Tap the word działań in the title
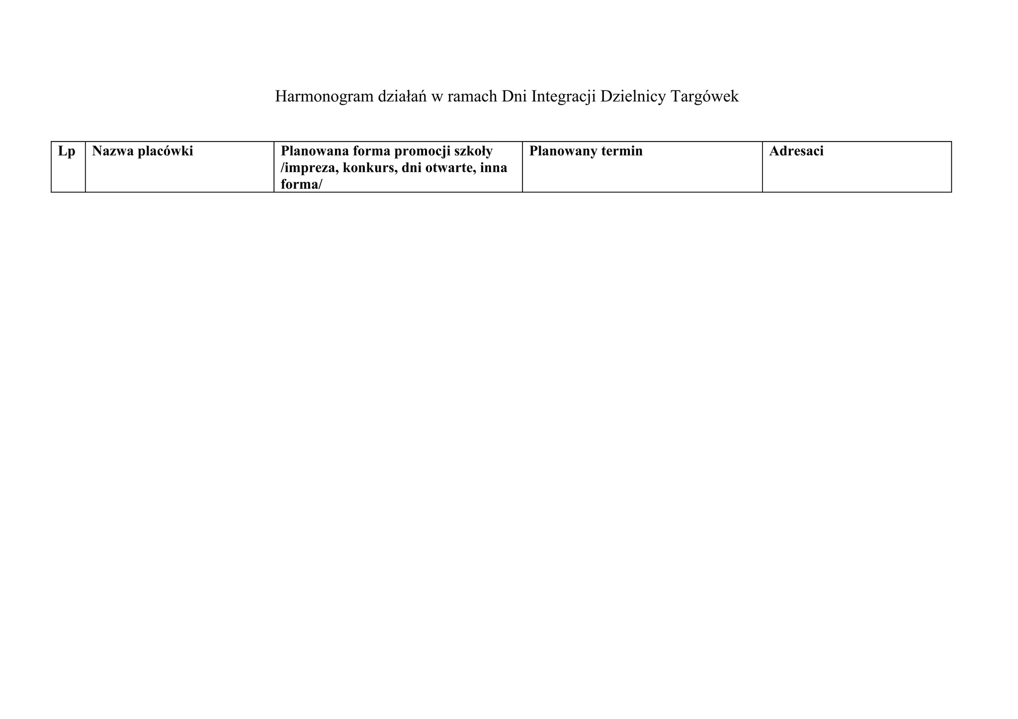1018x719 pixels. tap(402, 97)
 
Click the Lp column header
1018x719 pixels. tap(67, 151)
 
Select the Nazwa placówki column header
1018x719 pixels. tap(142, 151)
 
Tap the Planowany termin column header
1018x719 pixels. tap(586, 151)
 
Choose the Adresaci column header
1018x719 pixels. tap(796, 151)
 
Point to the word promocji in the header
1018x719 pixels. tap(419, 151)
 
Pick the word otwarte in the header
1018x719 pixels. tap(448, 168)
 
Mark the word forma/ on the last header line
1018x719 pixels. tap(301, 185)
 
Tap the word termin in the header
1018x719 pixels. tap(621, 151)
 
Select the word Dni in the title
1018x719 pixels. tap(514, 97)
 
